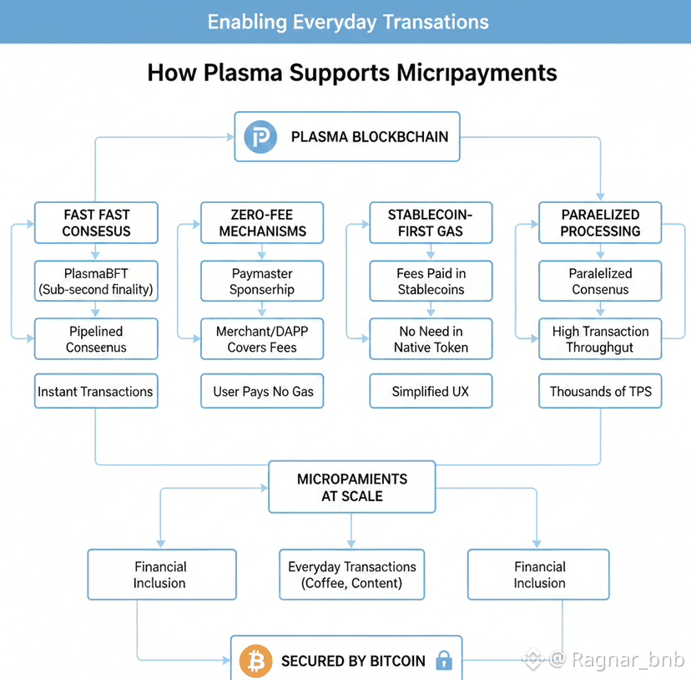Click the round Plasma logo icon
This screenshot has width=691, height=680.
(260, 136)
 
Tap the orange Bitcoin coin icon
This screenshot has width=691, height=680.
(255, 660)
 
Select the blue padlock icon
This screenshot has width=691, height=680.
(444, 661)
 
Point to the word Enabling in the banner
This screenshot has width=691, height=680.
(247, 22)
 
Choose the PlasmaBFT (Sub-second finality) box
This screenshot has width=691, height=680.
(96, 282)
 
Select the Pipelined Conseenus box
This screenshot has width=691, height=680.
(96, 339)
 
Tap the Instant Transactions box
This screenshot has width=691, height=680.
(96, 391)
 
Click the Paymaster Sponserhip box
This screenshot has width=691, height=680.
(262, 282)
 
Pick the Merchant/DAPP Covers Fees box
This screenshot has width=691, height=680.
(262, 339)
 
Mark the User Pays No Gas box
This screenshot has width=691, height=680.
(262, 391)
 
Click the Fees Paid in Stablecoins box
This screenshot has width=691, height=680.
(431, 282)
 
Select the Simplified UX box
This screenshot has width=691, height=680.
(431, 391)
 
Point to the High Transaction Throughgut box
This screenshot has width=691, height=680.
(600, 339)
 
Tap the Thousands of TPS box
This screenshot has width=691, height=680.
(600, 391)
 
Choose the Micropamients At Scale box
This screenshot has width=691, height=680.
(351, 488)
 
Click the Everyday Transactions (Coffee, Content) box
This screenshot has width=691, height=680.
(351, 575)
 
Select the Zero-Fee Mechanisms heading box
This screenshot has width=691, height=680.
(262, 223)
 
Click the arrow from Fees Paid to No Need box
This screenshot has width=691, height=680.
(431, 310)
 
